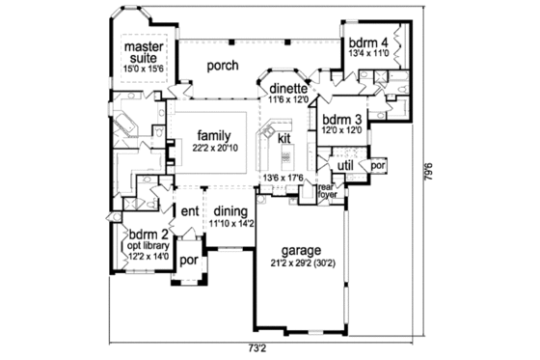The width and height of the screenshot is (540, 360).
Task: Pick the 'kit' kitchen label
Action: tap(284, 139)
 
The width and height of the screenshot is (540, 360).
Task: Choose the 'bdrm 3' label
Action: tap(341, 119)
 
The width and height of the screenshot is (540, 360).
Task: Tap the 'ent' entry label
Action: tap(190, 211)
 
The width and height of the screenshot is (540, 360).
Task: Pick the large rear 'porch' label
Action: tap(224, 66)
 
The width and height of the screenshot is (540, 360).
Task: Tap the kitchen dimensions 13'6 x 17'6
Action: tap(282, 178)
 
